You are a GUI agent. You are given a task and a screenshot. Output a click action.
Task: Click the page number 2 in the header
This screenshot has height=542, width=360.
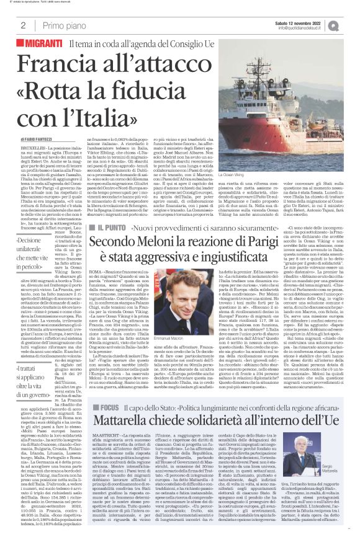22,25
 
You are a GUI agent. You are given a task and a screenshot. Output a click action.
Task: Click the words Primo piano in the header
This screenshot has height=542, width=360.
62,25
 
